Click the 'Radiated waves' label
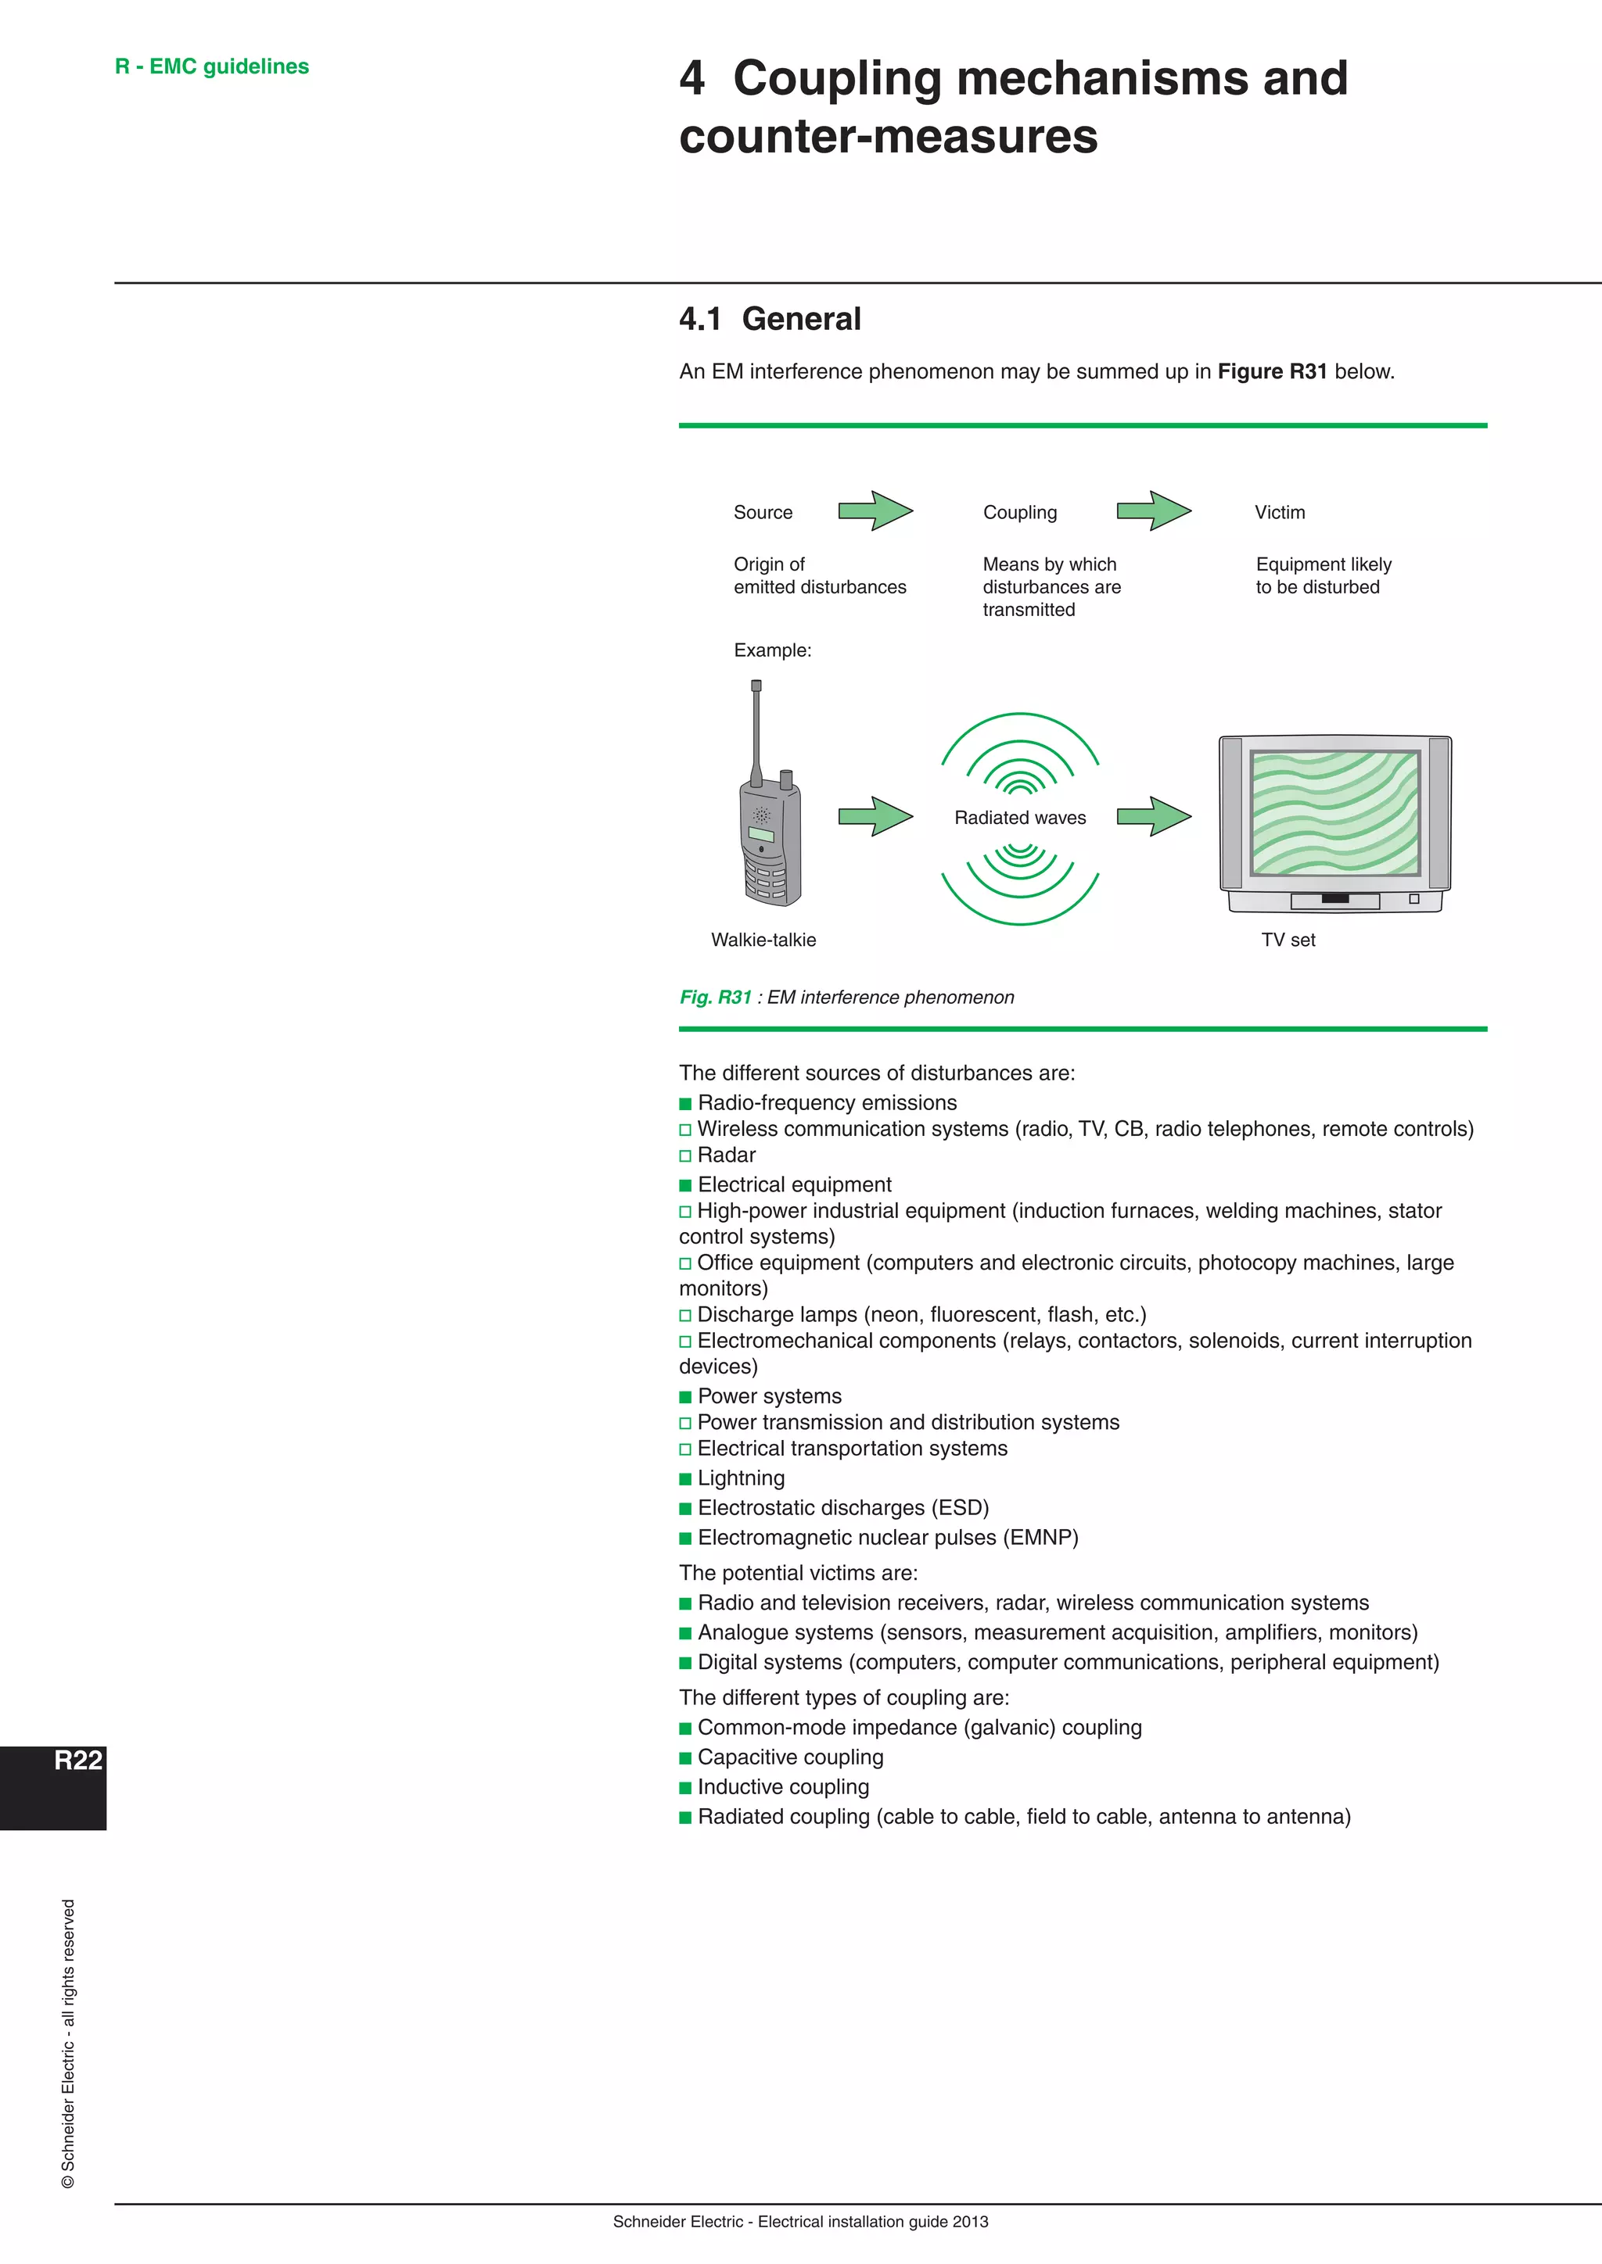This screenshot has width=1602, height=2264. click(1020, 818)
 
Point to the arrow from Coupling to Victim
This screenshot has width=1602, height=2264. click(1153, 510)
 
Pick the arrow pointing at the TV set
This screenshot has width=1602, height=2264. click(1153, 816)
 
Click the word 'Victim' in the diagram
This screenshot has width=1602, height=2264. click(1280, 513)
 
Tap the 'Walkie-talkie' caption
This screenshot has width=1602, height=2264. click(763, 940)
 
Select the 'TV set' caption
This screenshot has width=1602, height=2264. click(1288, 940)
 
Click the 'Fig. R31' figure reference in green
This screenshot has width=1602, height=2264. click(715, 997)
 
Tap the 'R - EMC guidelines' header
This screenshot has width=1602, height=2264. click(211, 66)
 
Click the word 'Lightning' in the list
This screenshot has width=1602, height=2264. click(741, 1478)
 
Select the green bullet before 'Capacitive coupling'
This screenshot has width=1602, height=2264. click(685, 1758)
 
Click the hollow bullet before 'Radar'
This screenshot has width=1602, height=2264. click(685, 1155)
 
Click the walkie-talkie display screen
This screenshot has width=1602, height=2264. click(762, 835)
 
